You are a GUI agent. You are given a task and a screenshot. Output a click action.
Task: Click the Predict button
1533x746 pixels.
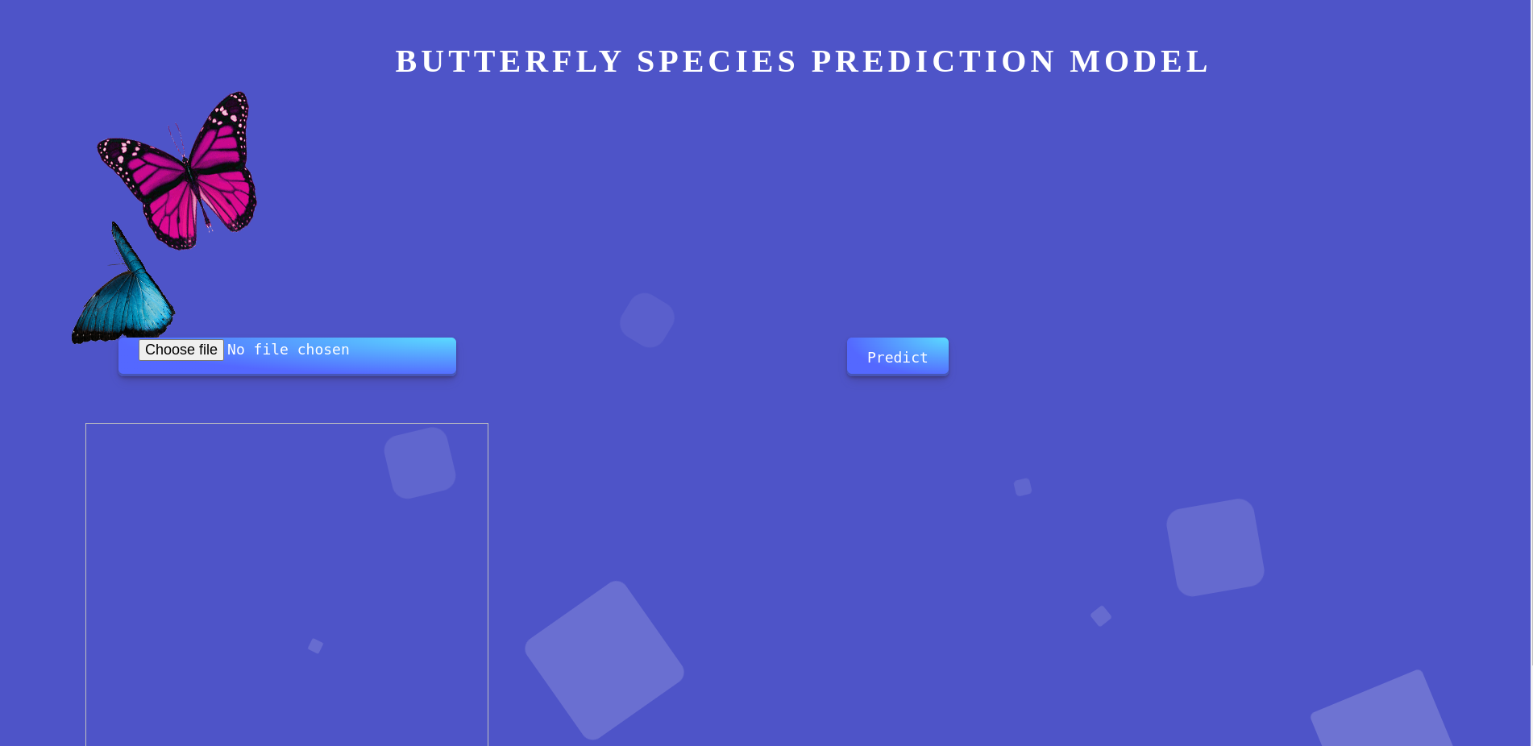click(x=897, y=357)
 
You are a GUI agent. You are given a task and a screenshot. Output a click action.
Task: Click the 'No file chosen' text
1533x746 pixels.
click(x=288, y=350)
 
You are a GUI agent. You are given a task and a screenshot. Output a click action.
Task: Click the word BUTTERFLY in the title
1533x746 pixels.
click(x=509, y=62)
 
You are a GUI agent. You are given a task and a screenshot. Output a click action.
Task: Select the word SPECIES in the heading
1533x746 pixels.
click(x=717, y=62)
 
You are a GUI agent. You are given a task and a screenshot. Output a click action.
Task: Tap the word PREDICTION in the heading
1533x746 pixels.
click(x=933, y=62)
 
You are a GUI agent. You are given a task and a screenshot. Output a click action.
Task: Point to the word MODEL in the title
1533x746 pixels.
click(x=1139, y=62)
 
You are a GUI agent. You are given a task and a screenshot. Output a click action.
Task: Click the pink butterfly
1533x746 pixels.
click(x=181, y=173)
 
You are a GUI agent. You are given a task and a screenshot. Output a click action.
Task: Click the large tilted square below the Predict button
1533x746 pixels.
click(x=604, y=660)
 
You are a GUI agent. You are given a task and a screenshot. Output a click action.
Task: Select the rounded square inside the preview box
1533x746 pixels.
click(x=420, y=462)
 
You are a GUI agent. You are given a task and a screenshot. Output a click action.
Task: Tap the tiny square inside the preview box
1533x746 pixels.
click(x=316, y=646)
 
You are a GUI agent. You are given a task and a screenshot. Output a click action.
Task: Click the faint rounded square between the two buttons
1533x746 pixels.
click(x=647, y=320)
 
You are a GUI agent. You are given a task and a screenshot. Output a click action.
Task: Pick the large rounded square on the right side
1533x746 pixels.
click(x=1215, y=547)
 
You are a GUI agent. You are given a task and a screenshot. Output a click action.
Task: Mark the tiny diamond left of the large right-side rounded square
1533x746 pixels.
click(x=1101, y=616)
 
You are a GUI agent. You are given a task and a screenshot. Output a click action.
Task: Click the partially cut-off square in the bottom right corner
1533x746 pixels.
click(x=1382, y=713)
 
